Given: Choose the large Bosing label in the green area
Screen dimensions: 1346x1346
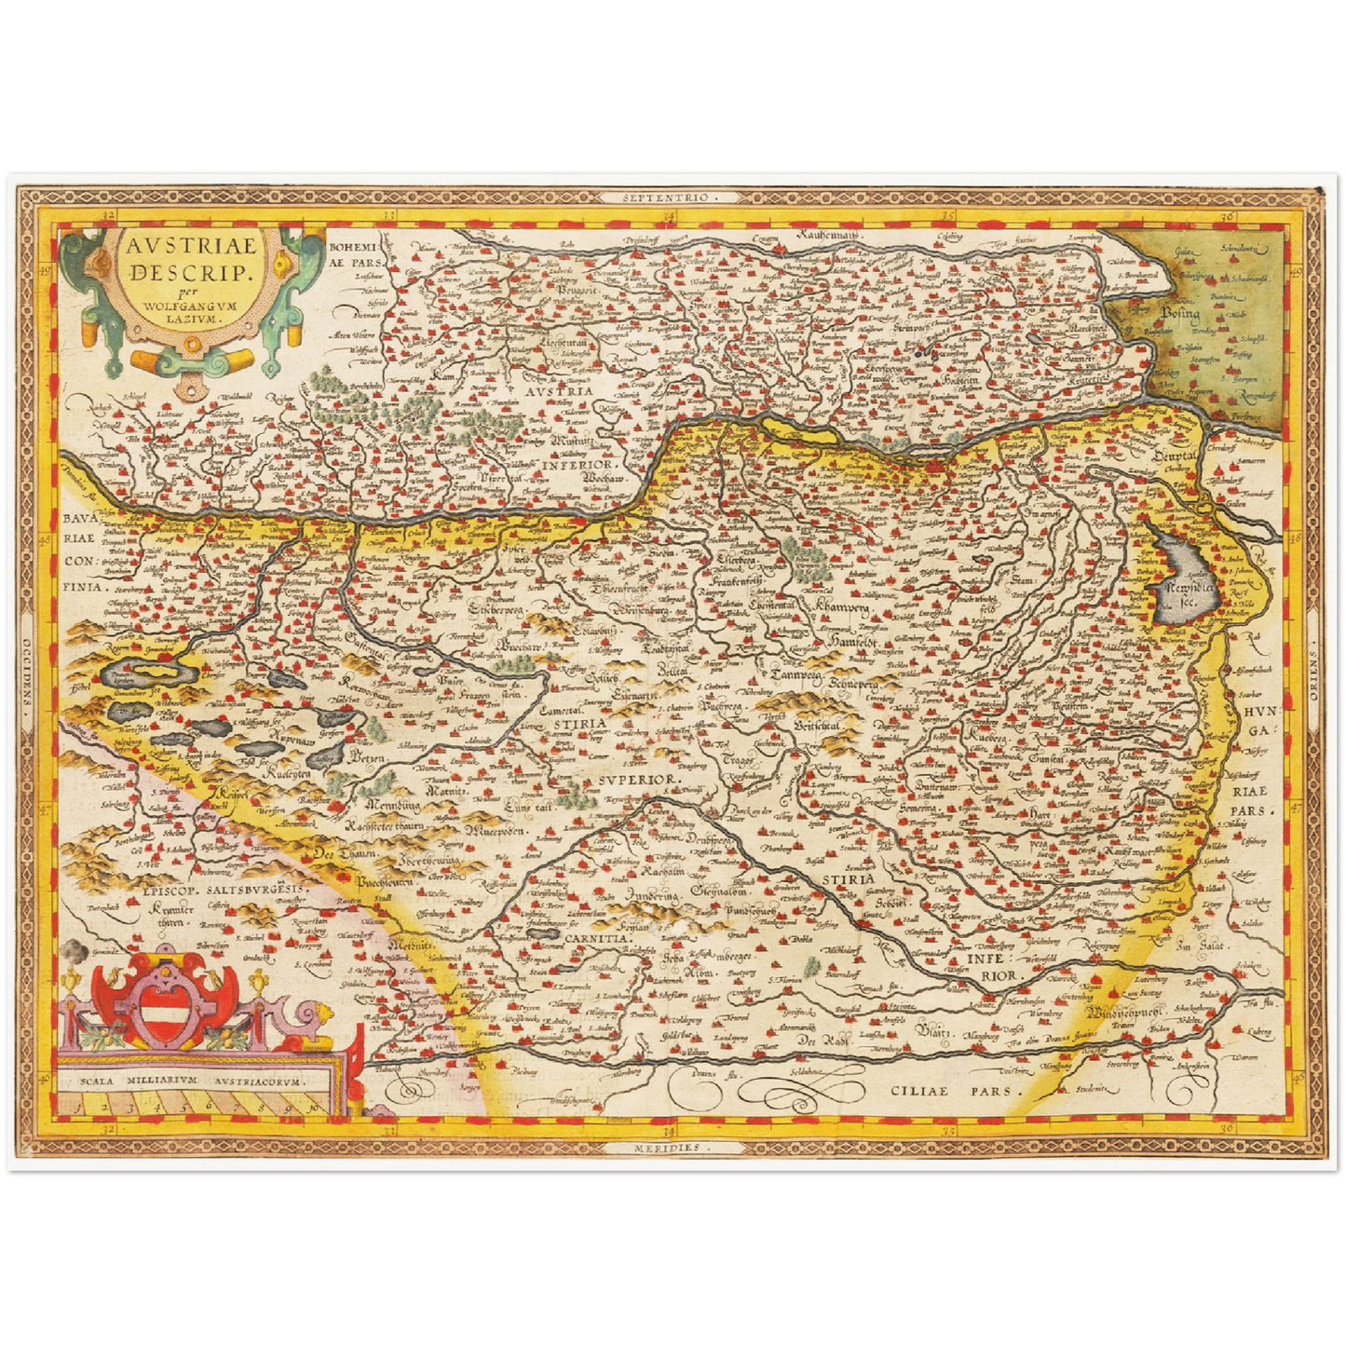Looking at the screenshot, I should click(1178, 314).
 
